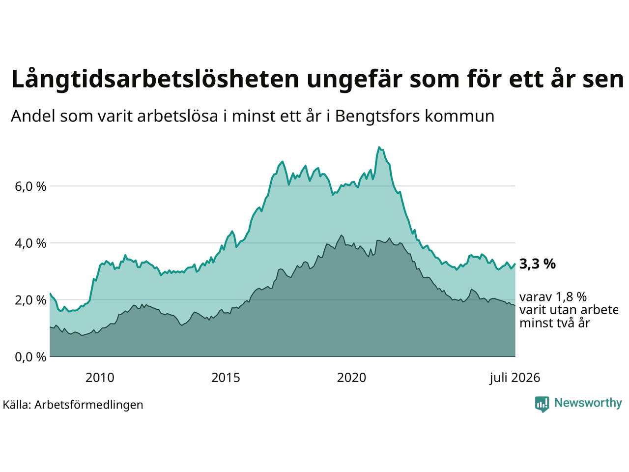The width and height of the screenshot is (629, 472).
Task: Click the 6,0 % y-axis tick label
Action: pyautogui.click(x=30, y=186)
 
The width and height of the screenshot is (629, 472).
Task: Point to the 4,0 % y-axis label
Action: pyautogui.click(x=30, y=243)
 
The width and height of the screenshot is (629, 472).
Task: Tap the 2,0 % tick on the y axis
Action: pyautogui.click(x=30, y=300)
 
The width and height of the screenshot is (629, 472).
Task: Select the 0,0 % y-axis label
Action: pyautogui.click(x=30, y=357)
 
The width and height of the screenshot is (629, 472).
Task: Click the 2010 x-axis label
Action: pyautogui.click(x=100, y=378)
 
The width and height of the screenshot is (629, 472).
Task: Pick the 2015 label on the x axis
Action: pyautogui.click(x=226, y=378)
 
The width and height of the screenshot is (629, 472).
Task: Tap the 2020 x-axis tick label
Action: pyautogui.click(x=351, y=378)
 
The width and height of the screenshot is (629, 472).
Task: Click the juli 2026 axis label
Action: pyautogui.click(x=515, y=378)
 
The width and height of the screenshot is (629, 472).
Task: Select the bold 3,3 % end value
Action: pyautogui.click(x=537, y=264)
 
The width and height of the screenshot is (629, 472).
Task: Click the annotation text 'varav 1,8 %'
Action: pyautogui.click(x=553, y=297)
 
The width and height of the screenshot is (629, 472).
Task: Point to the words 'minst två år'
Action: pyautogui.click(x=555, y=323)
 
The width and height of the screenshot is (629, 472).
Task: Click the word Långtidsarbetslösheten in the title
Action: pyautogui.click(x=155, y=79)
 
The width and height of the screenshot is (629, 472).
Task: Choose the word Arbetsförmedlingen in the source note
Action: pyautogui.click(x=88, y=405)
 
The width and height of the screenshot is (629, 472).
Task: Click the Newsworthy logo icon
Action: pyautogui.click(x=542, y=404)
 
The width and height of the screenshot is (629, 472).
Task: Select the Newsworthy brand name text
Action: pyautogui.click(x=588, y=403)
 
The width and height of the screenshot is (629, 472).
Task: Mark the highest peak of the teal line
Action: pyautogui.click(x=379, y=147)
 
